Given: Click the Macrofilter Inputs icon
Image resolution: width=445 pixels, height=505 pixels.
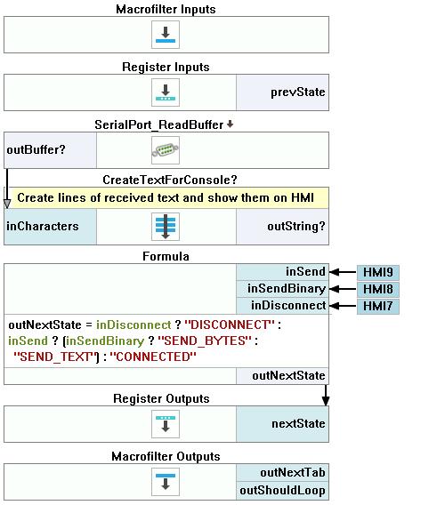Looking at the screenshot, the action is (x=166, y=35).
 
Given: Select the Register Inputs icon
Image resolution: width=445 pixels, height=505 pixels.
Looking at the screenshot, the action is (x=166, y=92).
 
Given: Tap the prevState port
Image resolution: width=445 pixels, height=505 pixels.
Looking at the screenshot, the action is (x=282, y=92).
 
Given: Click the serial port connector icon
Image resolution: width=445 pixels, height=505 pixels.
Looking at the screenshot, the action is (x=166, y=150).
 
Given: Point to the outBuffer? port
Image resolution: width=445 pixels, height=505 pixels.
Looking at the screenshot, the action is (x=50, y=150).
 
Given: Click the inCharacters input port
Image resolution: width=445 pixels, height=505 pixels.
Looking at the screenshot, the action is (x=50, y=227).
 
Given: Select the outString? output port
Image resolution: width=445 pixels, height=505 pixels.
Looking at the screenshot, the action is (x=282, y=227).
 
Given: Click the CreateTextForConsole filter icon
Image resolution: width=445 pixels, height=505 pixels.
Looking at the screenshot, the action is (x=166, y=227).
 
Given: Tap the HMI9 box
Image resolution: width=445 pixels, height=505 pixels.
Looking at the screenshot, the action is (x=378, y=272).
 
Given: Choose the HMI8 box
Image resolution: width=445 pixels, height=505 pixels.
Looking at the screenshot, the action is (x=378, y=289).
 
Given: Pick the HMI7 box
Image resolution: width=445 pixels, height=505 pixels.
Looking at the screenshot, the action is (x=378, y=306).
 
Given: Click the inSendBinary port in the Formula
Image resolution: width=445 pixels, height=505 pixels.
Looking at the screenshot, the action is (x=282, y=289).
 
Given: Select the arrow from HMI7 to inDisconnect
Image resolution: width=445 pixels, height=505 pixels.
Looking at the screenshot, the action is (x=343, y=306).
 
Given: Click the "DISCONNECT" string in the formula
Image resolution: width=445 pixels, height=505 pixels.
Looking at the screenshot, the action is (x=230, y=325).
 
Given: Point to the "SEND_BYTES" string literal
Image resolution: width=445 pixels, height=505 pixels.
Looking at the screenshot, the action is (x=205, y=341).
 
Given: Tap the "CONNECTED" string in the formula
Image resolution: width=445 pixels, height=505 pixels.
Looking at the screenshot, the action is (x=153, y=357).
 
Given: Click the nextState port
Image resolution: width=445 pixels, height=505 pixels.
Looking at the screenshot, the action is (x=282, y=424).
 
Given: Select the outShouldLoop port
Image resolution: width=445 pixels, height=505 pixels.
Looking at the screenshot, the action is (x=282, y=491).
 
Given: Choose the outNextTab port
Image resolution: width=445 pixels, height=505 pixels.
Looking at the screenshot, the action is (x=282, y=473).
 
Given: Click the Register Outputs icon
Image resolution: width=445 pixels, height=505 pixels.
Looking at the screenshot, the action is (x=166, y=424).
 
